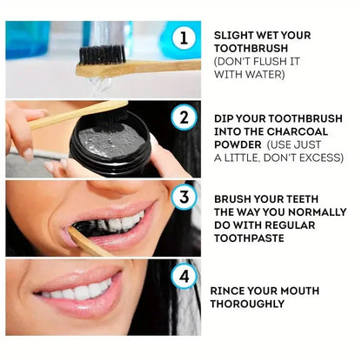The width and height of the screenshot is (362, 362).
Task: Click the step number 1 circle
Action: pyautogui.click(x=183, y=37)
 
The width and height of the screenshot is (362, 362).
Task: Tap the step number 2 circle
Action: pyautogui.click(x=183, y=117)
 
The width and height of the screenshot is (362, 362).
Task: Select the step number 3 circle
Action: pyautogui.click(x=183, y=196)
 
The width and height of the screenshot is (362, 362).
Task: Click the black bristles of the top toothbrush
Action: pyautogui.click(x=103, y=54)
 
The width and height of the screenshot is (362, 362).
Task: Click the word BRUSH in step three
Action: pyautogui.click(x=235, y=198)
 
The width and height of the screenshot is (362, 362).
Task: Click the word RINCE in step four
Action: pyautogui.click(x=231, y=291)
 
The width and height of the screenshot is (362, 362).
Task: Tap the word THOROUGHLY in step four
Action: pyautogui.click(x=247, y=304)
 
